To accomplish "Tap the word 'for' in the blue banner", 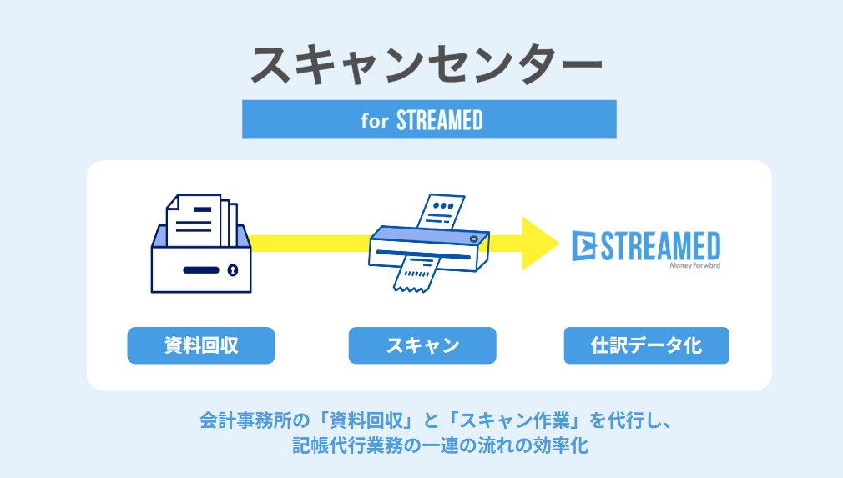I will (x=376, y=120).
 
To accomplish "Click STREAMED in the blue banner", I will (x=440, y=120).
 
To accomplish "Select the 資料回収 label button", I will (x=200, y=345).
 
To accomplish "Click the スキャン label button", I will (x=421, y=345).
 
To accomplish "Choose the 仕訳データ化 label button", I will (x=646, y=345).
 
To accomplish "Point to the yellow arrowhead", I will (x=539, y=243).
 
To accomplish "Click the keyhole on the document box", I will (x=233, y=270).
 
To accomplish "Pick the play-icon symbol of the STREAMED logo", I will (x=586, y=246).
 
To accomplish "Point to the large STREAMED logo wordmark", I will (x=660, y=246).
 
